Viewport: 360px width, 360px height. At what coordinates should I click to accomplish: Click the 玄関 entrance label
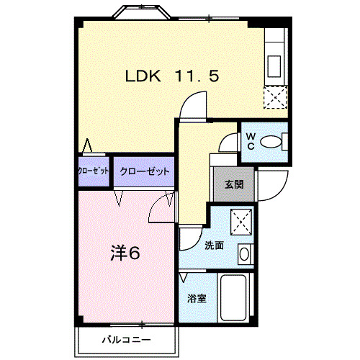point(233,184)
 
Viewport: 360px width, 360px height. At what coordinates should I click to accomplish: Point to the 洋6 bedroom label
point(124,253)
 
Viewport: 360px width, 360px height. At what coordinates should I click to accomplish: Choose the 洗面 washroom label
point(213,245)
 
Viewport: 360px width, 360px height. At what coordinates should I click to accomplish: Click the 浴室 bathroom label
point(198,297)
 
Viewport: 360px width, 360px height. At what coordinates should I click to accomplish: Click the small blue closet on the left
point(93,171)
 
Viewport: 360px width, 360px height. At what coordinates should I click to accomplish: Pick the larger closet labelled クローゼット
point(144,171)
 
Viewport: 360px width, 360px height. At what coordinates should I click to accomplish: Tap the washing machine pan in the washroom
point(239,221)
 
